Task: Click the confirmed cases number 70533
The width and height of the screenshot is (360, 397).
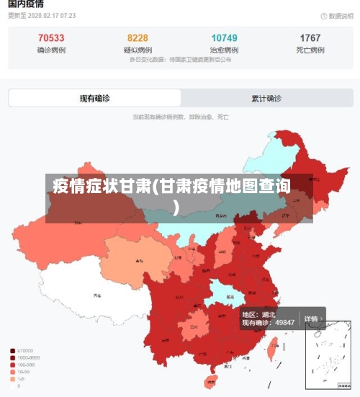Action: coord(51,38)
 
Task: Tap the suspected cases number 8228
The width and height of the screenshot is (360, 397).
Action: coord(138,38)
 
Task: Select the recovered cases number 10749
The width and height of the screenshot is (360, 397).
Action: coord(224,38)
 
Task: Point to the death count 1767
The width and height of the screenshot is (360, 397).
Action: coord(310,38)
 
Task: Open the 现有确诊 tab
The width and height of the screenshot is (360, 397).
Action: coord(95,98)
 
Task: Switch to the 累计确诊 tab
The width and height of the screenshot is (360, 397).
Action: coord(266,98)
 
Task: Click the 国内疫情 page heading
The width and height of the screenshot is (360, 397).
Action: coord(27,4)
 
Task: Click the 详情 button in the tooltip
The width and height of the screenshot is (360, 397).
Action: coord(311,318)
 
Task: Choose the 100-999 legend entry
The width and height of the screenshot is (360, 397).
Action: coord(27,365)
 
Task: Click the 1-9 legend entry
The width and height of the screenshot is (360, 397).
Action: coord(24,379)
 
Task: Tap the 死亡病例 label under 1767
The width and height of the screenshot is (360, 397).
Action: coord(310,50)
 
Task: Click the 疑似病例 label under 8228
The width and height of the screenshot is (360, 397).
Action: coord(138,50)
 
